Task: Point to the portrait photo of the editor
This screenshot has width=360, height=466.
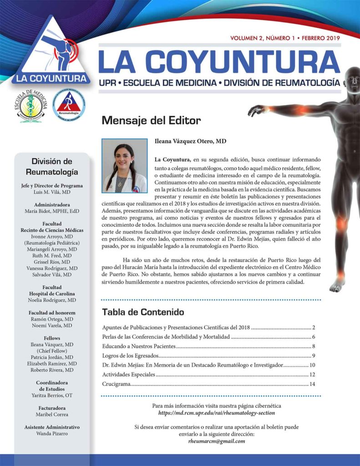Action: coord(124,166)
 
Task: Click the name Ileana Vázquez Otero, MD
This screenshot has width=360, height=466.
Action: coord(190,142)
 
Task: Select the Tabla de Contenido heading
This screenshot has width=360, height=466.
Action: coord(143,312)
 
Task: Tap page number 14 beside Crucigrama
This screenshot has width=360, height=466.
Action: coord(312,385)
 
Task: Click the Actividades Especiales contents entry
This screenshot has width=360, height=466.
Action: coord(129,375)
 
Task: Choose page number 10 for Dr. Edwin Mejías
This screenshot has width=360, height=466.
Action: coord(312,365)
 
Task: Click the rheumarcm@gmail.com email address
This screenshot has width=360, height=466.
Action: coord(217,441)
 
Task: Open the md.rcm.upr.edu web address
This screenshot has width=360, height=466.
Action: coord(217,413)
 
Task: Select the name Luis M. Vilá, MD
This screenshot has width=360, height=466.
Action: coord(52,192)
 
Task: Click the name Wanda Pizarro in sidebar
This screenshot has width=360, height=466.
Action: coord(52,434)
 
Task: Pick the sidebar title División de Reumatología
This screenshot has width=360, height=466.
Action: coord(52,167)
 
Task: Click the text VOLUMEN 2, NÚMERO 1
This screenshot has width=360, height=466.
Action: coord(262,38)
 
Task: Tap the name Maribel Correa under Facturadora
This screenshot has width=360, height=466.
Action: coord(52,415)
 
